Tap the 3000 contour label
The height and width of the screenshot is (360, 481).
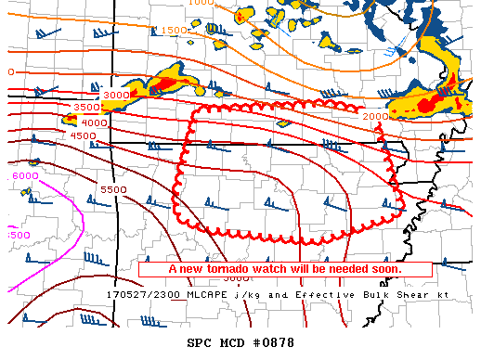coord(116,95)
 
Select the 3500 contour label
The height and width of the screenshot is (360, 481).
coord(85,108)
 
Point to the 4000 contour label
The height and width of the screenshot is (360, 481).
coord(93,122)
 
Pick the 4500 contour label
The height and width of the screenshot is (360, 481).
coord(84,135)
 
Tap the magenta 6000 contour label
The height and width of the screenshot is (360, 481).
coord(25,176)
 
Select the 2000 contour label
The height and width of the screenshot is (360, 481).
coord(374,117)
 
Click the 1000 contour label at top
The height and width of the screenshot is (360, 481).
coord(201,3)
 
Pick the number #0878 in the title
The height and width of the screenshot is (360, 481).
coord(272,342)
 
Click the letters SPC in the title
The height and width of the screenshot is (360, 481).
coord(201,342)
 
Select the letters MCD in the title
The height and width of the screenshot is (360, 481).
coord(233,342)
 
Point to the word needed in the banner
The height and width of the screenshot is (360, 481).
coord(344,269)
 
